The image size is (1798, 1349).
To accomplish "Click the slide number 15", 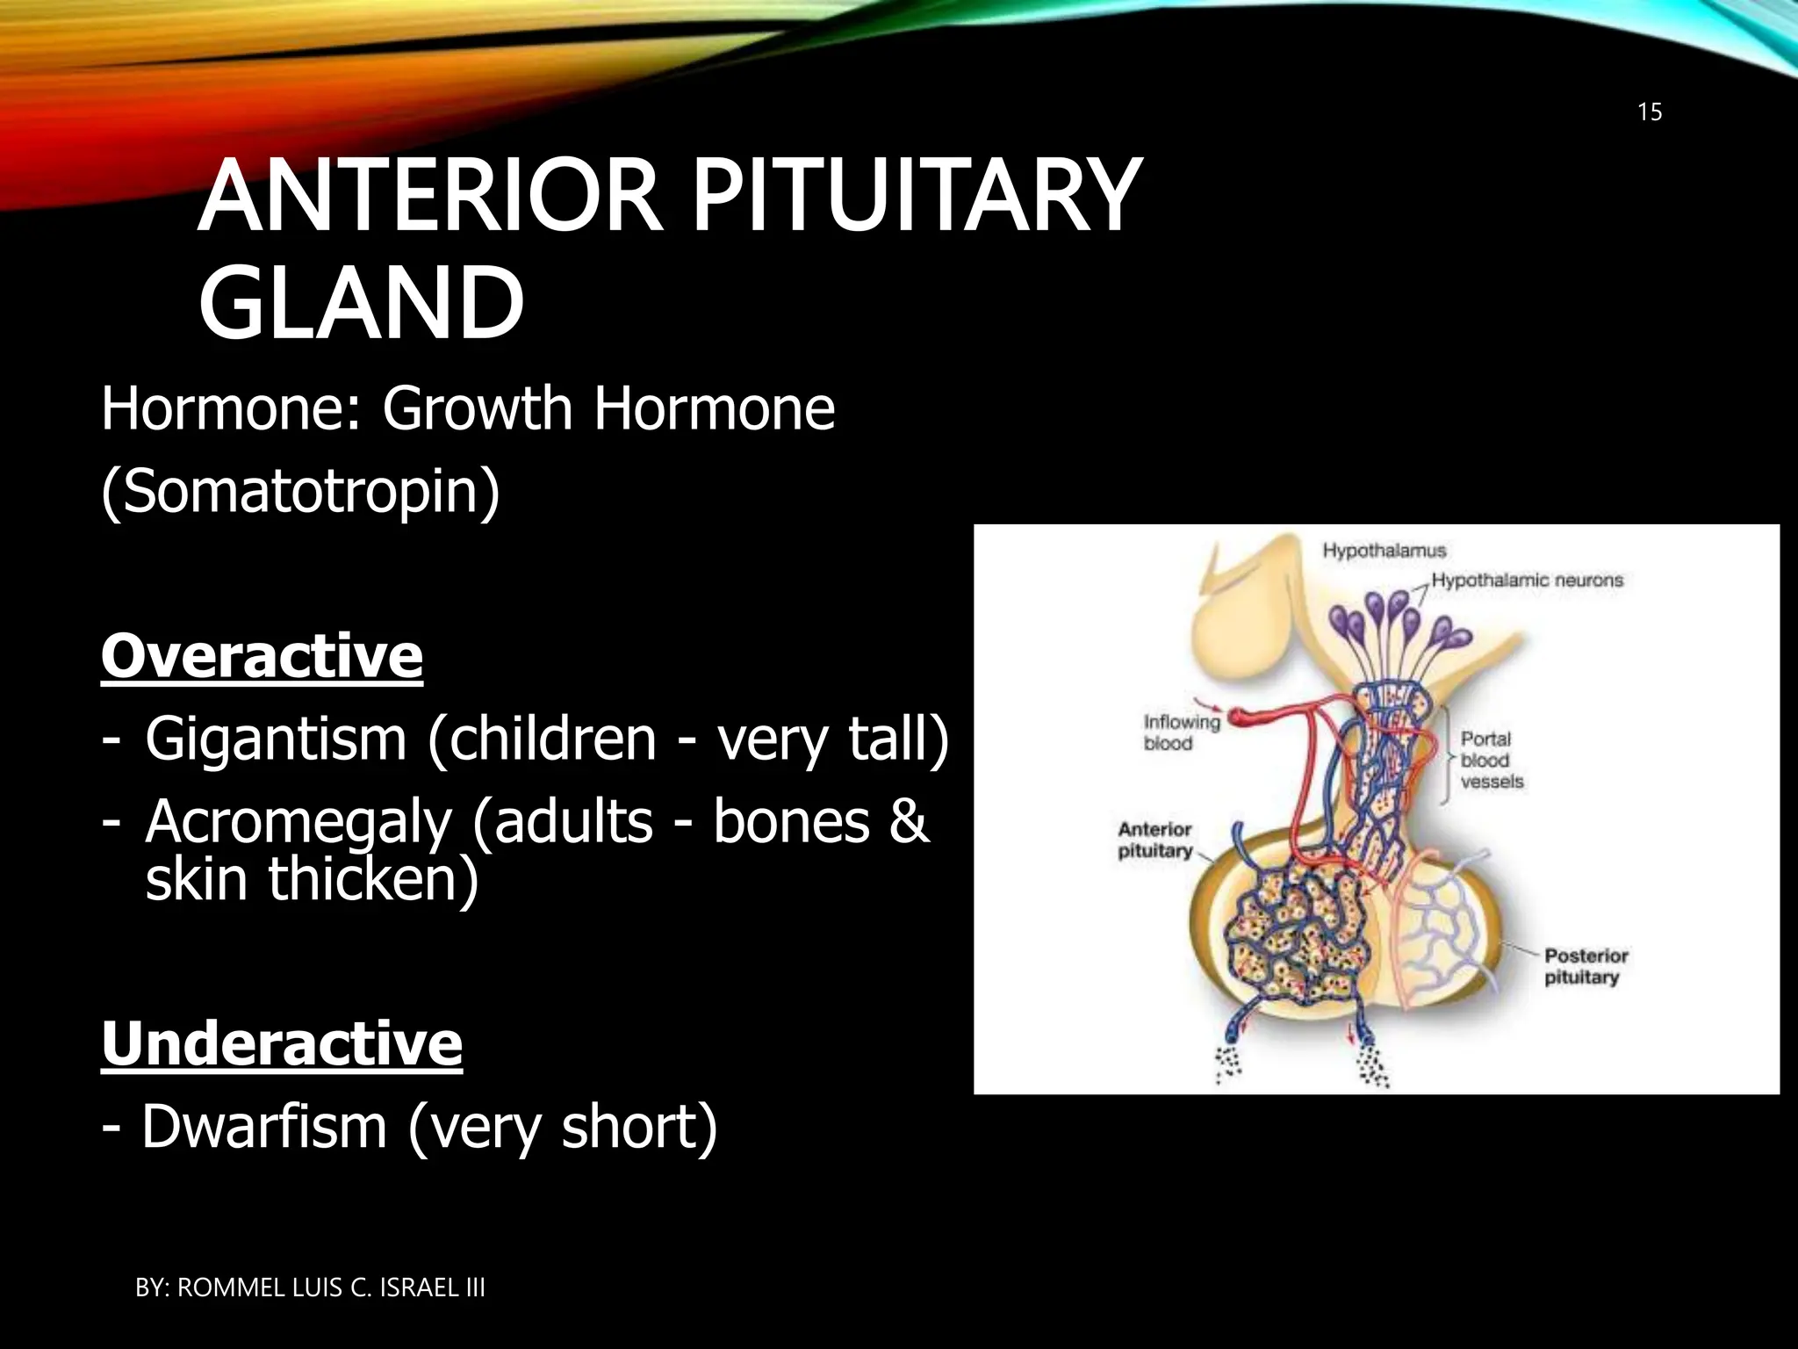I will click(1650, 112).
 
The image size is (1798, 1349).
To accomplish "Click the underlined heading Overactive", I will click(262, 656).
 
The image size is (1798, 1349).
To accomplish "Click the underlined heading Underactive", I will click(282, 1043).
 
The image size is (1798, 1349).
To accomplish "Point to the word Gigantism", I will click(276, 739).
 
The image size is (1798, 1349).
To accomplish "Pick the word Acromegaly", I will click(298, 823).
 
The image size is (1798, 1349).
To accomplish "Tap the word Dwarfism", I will click(264, 1127).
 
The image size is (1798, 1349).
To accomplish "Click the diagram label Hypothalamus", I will click(1384, 551).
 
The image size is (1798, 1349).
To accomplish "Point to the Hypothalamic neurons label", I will click(1527, 581).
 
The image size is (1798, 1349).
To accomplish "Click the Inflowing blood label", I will click(1181, 732).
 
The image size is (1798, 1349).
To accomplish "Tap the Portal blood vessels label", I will click(1491, 761).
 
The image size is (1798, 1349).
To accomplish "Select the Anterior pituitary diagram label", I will click(1154, 840).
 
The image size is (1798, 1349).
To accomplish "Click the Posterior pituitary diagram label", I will click(1585, 966).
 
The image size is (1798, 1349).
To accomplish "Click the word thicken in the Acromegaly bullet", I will click(373, 879).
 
